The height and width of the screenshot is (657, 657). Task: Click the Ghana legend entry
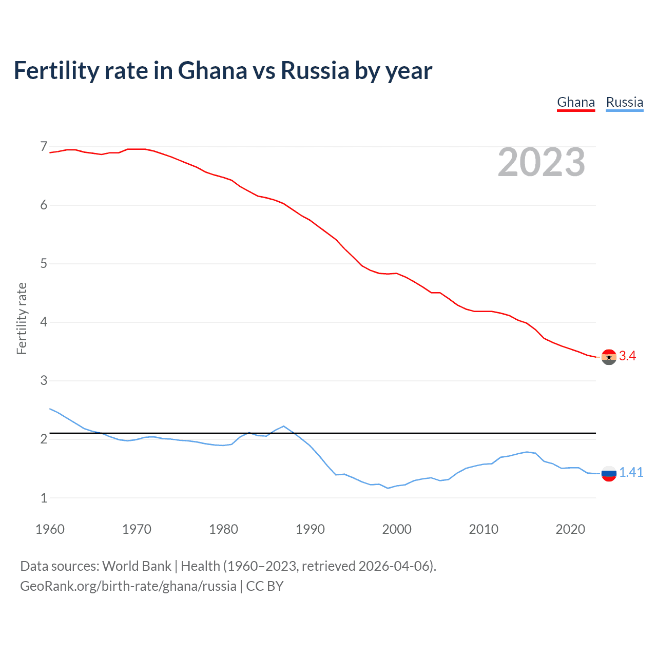click(x=576, y=102)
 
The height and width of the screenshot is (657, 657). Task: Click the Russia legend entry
click(x=624, y=102)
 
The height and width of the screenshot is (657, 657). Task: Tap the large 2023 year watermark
click(x=542, y=162)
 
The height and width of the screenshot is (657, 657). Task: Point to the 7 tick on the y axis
click(x=44, y=147)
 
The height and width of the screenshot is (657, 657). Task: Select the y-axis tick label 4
click(x=44, y=322)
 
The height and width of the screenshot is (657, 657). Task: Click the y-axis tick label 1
click(x=44, y=498)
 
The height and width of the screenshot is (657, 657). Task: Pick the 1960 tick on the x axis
click(x=50, y=529)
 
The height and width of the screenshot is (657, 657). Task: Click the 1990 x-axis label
click(x=310, y=529)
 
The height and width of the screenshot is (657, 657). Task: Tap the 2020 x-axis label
click(x=570, y=529)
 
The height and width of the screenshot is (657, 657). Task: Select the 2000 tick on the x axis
click(x=397, y=529)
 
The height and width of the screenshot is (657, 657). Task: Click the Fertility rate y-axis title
click(x=22, y=318)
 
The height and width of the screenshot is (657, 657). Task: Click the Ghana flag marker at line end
click(x=609, y=357)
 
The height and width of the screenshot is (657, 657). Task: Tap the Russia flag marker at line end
click(x=609, y=473)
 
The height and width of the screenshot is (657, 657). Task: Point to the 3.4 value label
click(x=627, y=356)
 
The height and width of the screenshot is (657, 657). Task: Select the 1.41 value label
click(x=631, y=473)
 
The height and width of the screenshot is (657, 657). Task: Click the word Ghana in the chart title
click(x=212, y=70)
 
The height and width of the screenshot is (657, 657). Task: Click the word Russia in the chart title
click(x=315, y=70)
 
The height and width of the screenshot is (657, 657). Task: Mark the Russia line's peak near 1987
click(x=284, y=426)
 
